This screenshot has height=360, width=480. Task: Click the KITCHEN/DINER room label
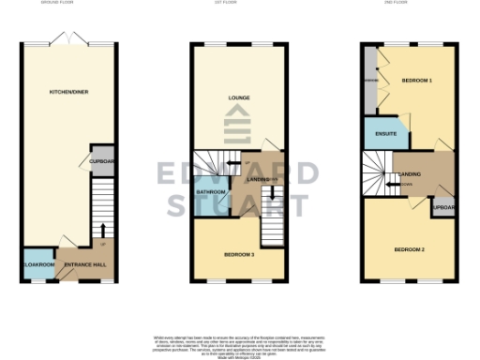(63, 91)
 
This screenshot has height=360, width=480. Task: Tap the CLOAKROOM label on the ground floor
(37, 265)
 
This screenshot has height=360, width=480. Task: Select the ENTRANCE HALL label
(84, 265)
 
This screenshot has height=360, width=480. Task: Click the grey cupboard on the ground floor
(101, 161)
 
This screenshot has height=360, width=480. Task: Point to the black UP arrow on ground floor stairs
(102, 230)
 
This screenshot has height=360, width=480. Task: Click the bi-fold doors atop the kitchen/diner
(68, 42)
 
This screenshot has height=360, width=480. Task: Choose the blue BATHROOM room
(210, 194)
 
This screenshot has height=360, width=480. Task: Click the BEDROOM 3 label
(239, 253)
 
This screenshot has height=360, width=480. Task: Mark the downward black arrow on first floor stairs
(273, 196)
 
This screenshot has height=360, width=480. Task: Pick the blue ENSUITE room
(384, 134)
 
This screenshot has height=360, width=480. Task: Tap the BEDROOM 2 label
(410, 248)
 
